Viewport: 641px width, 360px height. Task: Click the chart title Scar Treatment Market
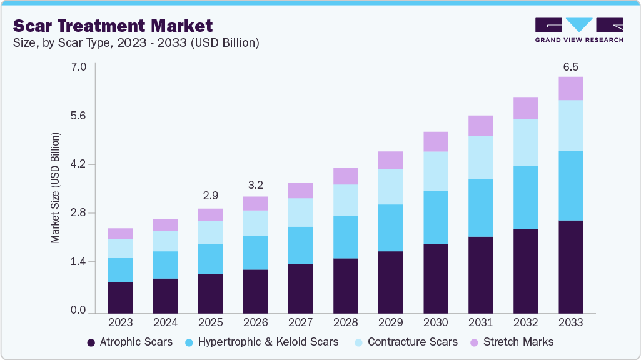click(113, 26)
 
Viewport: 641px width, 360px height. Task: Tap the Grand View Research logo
click(578, 29)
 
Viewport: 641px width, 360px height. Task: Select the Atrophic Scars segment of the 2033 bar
click(570, 266)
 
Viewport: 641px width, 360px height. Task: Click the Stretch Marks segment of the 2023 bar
click(120, 234)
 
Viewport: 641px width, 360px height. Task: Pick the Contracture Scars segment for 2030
click(435, 171)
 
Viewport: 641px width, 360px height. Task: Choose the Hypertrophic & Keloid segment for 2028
click(345, 237)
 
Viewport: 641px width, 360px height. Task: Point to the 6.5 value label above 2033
click(570, 66)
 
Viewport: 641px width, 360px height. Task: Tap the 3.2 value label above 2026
click(255, 186)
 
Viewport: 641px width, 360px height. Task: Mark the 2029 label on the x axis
click(390, 323)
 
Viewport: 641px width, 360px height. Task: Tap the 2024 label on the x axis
click(165, 323)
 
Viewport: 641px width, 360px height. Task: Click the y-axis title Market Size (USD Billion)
click(55, 188)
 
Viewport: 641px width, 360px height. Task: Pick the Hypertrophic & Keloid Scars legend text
click(268, 342)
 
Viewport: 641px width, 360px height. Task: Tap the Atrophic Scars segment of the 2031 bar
click(480, 274)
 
